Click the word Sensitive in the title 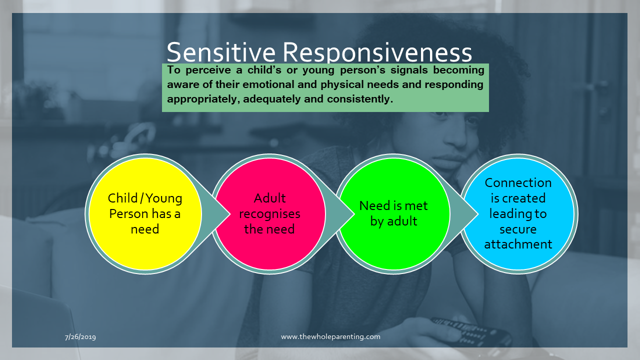221,52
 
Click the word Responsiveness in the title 377,52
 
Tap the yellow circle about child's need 145,213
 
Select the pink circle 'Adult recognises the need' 269,213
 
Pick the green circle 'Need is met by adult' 393,213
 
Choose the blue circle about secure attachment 518,213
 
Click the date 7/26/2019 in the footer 80,337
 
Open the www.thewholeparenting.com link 330,336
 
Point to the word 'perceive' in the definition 208,70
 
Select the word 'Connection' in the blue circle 518,183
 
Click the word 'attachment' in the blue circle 518,244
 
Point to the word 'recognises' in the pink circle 269,214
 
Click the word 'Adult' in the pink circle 269,198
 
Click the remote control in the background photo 471,332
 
